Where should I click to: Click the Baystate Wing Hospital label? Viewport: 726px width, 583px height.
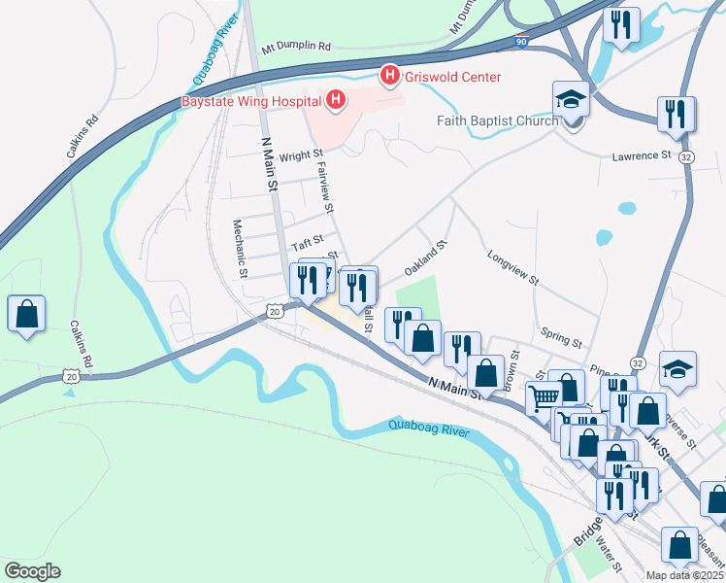pyautogui.click(x=250, y=100)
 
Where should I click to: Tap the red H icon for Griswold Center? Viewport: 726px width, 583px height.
pyautogui.click(x=390, y=75)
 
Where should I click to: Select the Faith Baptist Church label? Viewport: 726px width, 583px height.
pyautogui.click(x=498, y=121)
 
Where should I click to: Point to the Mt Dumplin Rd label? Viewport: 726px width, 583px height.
pyautogui.click(x=296, y=47)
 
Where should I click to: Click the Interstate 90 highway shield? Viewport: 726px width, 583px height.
pyautogui.click(x=522, y=42)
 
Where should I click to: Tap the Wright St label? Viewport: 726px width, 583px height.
pyautogui.click(x=300, y=155)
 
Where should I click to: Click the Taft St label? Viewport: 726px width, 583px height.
pyautogui.click(x=307, y=237)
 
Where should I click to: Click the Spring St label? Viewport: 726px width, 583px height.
pyautogui.click(x=562, y=335)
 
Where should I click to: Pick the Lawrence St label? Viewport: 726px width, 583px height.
pyautogui.click(x=642, y=155)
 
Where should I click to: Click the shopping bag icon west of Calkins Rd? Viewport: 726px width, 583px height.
pyautogui.click(x=27, y=314)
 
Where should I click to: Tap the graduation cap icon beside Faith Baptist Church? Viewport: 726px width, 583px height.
pyautogui.click(x=572, y=99)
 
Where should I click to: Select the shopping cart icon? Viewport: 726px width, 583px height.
pyautogui.click(x=544, y=396)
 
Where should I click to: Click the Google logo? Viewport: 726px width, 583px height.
pyautogui.click(x=32, y=571)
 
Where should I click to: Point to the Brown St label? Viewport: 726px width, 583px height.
pyautogui.click(x=511, y=371)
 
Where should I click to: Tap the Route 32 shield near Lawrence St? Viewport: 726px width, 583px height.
pyautogui.click(x=686, y=156)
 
